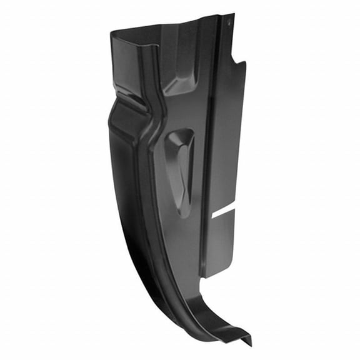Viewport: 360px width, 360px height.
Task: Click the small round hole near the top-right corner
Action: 228,23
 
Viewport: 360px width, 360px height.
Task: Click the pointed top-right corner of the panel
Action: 233,15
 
